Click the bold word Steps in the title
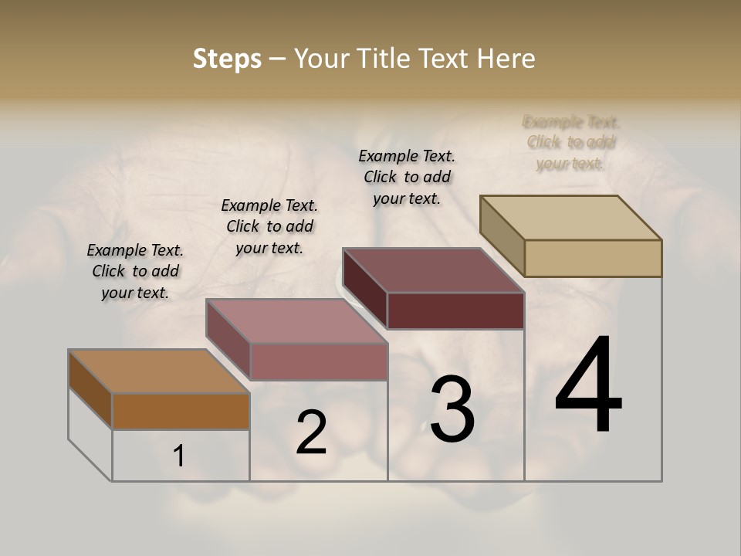click(x=227, y=59)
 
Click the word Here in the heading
click(x=507, y=59)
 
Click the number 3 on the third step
click(x=452, y=409)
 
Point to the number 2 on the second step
click(x=311, y=433)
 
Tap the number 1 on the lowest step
click(x=179, y=456)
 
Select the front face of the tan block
click(x=593, y=258)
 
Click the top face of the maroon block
click(x=433, y=270)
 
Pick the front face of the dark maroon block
click(x=455, y=310)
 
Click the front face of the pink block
click(x=319, y=361)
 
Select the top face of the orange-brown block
click(x=159, y=371)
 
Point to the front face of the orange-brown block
click(x=181, y=411)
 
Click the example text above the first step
click(x=135, y=271)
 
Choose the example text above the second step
click(x=269, y=226)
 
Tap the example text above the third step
click(x=407, y=177)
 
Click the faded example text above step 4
click(x=571, y=142)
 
